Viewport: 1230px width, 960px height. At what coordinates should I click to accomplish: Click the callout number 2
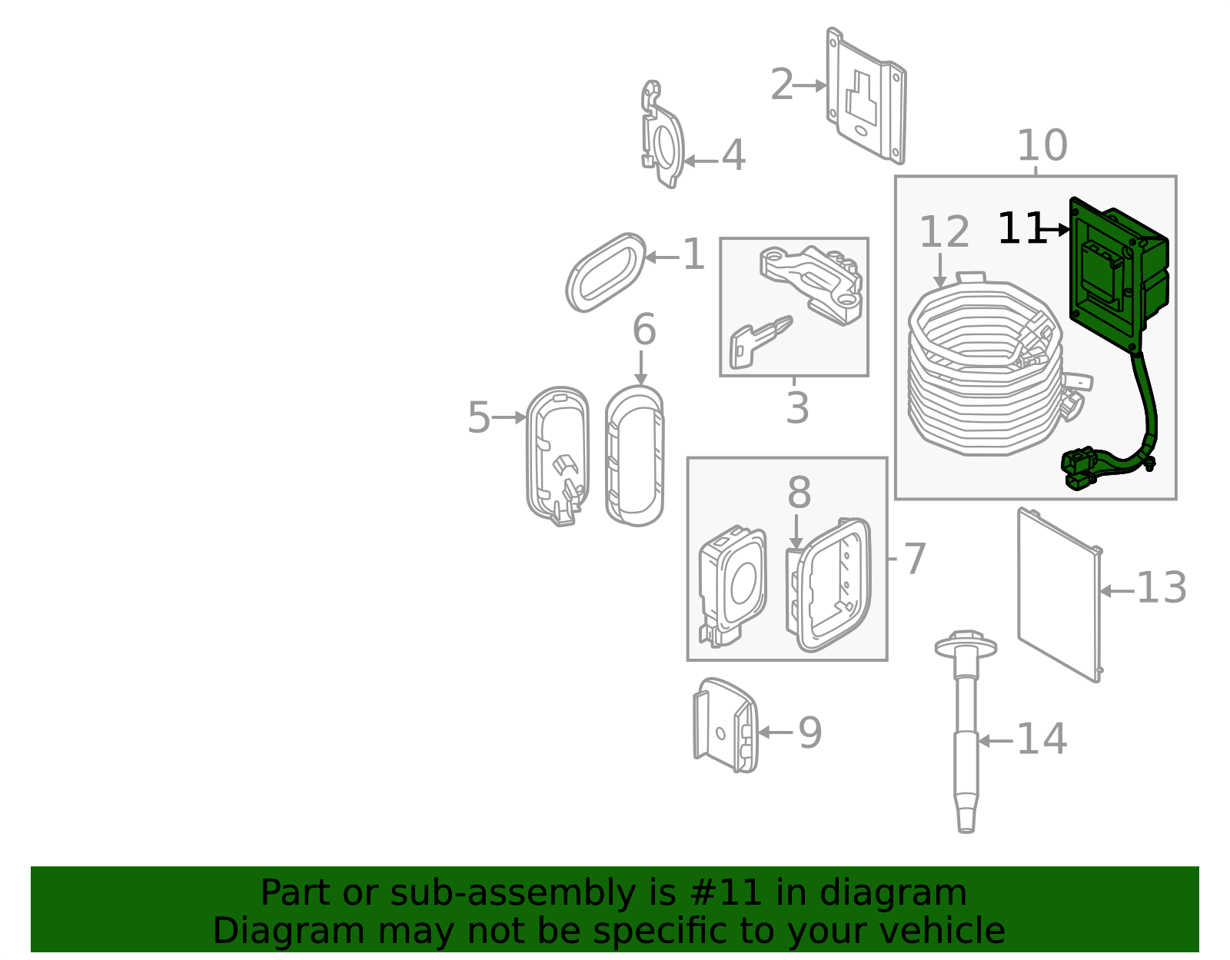[782, 85]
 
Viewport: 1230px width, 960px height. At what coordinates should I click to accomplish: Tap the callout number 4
[733, 155]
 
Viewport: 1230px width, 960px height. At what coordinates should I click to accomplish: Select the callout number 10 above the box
[1042, 145]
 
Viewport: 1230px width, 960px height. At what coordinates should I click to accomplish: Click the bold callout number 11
[1021, 228]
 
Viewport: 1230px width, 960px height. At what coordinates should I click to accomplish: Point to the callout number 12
[944, 231]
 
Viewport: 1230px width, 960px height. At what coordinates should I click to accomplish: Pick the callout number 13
[1161, 588]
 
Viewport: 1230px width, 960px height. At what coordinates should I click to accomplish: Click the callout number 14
[1042, 739]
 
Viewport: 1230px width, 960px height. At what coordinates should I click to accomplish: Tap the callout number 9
[810, 733]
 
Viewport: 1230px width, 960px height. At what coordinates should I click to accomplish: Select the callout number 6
[644, 329]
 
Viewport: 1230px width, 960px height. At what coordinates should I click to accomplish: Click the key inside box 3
[760, 342]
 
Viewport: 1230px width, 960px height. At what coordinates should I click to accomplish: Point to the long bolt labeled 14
[966, 732]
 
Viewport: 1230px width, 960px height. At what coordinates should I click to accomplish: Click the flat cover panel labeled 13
[1059, 595]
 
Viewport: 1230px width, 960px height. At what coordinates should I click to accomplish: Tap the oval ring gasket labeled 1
[606, 273]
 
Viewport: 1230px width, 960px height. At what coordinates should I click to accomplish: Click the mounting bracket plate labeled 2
[866, 96]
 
